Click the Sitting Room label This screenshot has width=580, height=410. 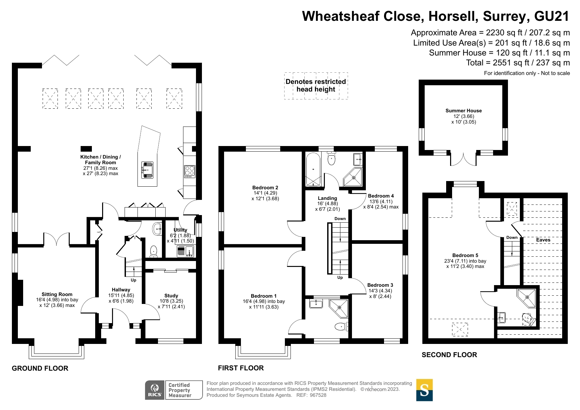click(57, 294)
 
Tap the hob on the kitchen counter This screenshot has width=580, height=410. click(190, 171)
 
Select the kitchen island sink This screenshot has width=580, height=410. click(147, 170)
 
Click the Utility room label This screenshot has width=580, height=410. click(180, 230)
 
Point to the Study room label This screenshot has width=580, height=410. click(171, 296)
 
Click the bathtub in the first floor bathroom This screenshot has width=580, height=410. click(313, 169)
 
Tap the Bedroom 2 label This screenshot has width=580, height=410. click(265, 188)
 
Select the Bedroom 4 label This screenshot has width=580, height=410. click(381, 196)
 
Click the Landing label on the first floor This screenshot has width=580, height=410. click(328, 198)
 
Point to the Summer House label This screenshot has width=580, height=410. click(463, 111)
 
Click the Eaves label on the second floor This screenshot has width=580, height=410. click(543, 240)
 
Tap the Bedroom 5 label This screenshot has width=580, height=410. click(465, 255)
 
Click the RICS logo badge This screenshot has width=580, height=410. click(154, 390)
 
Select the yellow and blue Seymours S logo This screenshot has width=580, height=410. click(424, 390)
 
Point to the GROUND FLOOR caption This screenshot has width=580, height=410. click(40, 368)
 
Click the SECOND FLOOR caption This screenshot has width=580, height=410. click(449, 355)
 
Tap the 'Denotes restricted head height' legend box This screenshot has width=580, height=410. click(316, 86)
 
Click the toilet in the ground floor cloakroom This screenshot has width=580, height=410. click(154, 251)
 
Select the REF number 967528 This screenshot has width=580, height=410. click(318, 395)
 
